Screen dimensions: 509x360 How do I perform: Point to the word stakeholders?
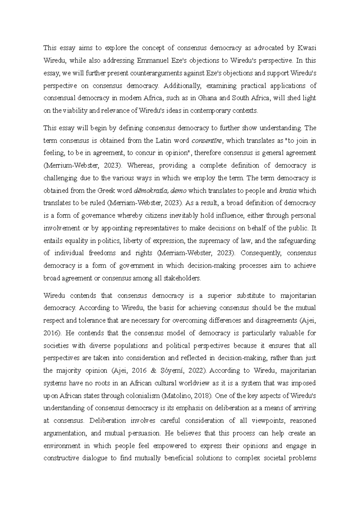181,278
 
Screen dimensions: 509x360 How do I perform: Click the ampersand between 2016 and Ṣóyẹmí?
154,371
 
